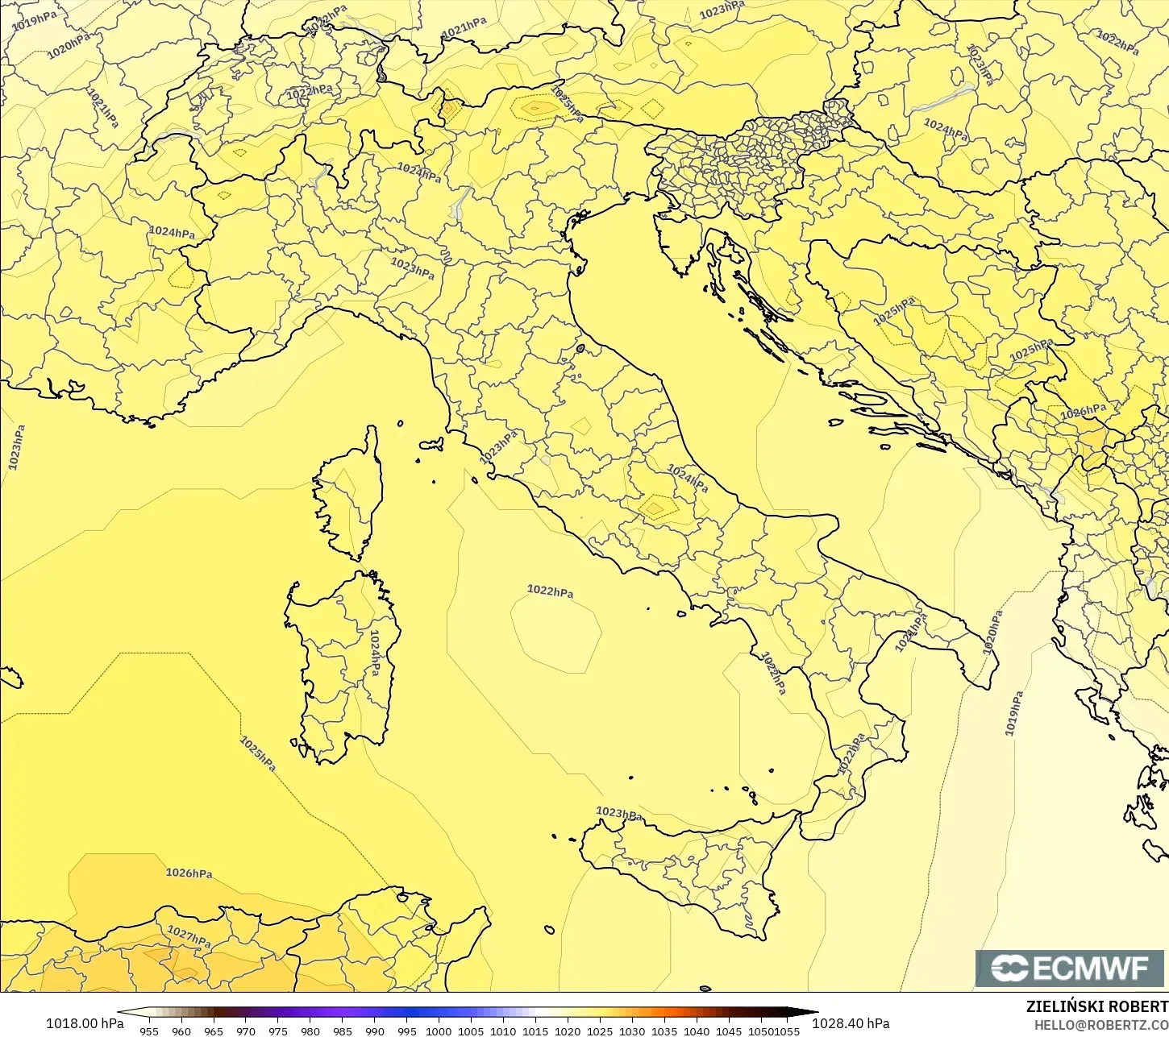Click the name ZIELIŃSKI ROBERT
click(1096, 1006)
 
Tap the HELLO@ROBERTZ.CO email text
click(1101, 1024)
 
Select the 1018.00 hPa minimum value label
click(85, 1023)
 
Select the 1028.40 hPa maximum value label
click(850, 1023)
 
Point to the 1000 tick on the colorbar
click(439, 1031)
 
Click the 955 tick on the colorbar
click(149, 1031)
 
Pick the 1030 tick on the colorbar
click(632, 1031)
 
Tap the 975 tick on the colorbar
click(278, 1031)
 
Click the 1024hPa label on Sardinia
click(375, 653)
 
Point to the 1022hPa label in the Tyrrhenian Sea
click(550, 591)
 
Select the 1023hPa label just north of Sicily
click(618, 814)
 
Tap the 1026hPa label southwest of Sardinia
click(189, 873)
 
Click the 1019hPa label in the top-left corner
click(34, 20)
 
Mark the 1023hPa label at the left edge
click(16, 447)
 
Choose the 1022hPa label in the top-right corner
click(1117, 42)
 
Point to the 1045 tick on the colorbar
click(729, 1031)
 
